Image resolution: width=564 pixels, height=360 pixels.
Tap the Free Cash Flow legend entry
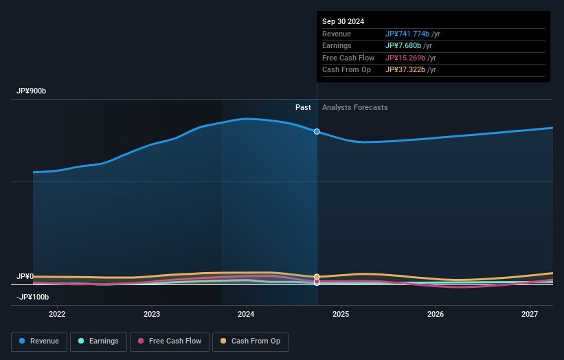(169, 341)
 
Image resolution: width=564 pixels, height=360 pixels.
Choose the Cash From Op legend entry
(250, 341)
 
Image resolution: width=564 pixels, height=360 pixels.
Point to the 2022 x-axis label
(57, 314)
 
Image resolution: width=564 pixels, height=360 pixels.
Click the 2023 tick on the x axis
(152, 314)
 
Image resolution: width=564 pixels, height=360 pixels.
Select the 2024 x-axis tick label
(246, 314)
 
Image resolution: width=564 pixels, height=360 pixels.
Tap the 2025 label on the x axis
(341, 314)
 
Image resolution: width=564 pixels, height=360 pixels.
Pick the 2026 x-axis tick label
(436, 314)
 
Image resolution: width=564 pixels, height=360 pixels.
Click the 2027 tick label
(530, 314)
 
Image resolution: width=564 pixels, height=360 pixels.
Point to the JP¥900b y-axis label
(32, 91)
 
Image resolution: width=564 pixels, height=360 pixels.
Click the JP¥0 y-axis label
(25, 276)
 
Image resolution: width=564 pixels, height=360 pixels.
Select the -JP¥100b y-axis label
(34, 297)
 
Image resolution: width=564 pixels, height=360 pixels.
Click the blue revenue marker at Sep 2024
(317, 131)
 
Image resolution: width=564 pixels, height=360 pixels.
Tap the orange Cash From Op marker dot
(317, 277)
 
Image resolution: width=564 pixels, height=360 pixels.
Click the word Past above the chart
(303, 107)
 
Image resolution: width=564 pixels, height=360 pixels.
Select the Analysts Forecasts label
(354, 107)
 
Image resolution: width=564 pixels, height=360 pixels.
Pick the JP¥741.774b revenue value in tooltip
(407, 34)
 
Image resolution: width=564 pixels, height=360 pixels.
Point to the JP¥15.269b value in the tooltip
(405, 58)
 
